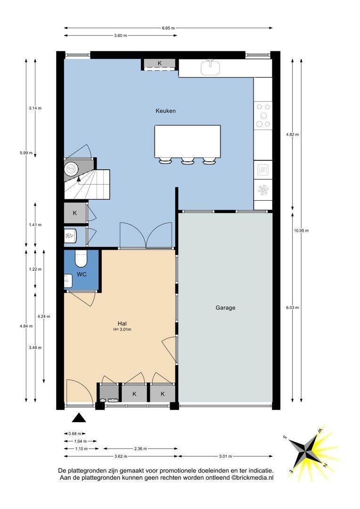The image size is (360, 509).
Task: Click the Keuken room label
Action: coord(165,111)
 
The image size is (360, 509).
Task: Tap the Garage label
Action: coord(225,308)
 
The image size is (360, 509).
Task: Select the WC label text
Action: coord(82,274)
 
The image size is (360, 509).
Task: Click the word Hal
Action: coord(122,323)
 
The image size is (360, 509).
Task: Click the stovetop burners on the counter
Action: coord(263,115)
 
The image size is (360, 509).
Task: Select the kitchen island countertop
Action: coord(188,141)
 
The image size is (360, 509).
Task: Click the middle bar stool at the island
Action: coord(188,161)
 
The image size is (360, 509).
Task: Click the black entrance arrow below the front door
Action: coord(79,418)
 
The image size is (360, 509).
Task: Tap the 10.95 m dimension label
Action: coord(301,230)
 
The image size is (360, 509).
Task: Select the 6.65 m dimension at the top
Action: coord(168,28)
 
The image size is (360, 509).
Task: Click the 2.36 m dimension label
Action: coord(140,449)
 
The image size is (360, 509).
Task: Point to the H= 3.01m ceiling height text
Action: coord(122,329)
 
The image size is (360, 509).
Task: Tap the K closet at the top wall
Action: coord(159,63)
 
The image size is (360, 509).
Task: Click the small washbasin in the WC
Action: coord(68,281)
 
